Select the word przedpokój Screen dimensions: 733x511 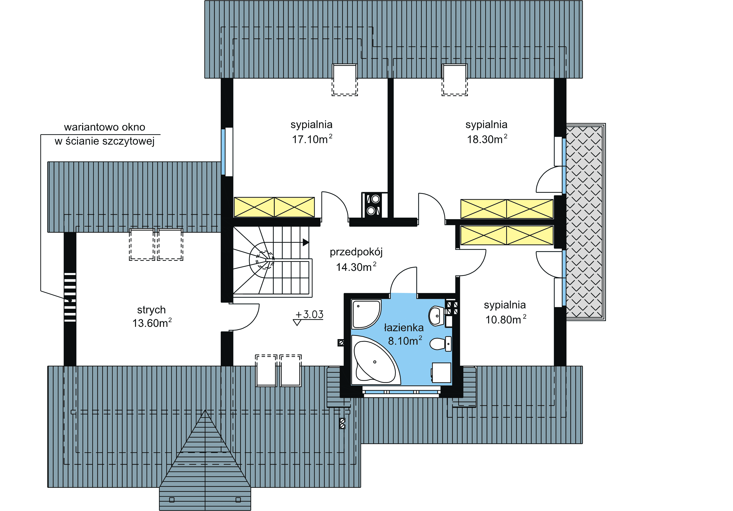[x=356, y=252]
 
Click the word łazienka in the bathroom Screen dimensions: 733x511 [x=404, y=327]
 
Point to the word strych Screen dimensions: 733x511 [x=151, y=310]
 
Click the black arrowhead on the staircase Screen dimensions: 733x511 [x=306, y=242]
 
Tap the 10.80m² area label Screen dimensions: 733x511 [x=506, y=319]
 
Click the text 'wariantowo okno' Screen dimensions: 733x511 [x=105, y=127]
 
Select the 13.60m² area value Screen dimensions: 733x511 [x=152, y=323]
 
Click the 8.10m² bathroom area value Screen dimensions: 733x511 [x=405, y=341]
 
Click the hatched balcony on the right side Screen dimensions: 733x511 [x=585, y=222]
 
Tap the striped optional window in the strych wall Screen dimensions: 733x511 [x=70, y=297]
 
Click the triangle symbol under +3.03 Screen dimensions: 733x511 [x=297, y=323]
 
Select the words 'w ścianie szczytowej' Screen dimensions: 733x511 [x=104, y=141]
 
